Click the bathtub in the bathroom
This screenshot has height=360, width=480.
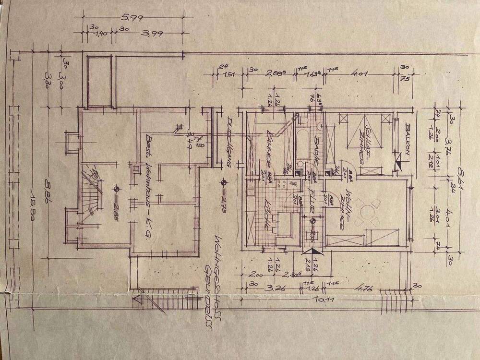coord(303,144)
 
